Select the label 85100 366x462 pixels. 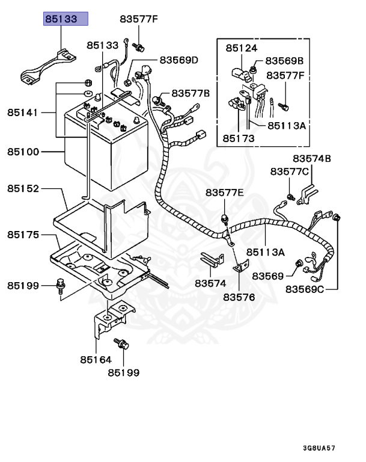(23, 152)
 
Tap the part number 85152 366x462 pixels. (23, 188)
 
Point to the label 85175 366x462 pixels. (23, 234)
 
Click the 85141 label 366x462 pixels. (23, 112)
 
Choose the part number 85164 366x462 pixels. (96, 360)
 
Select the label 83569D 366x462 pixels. (178, 60)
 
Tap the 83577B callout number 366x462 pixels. (191, 93)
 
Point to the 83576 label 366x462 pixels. (239, 297)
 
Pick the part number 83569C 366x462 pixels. (304, 289)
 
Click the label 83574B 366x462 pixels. (312, 158)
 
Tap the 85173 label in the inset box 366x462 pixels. (238, 138)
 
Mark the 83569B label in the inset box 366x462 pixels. (284, 61)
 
